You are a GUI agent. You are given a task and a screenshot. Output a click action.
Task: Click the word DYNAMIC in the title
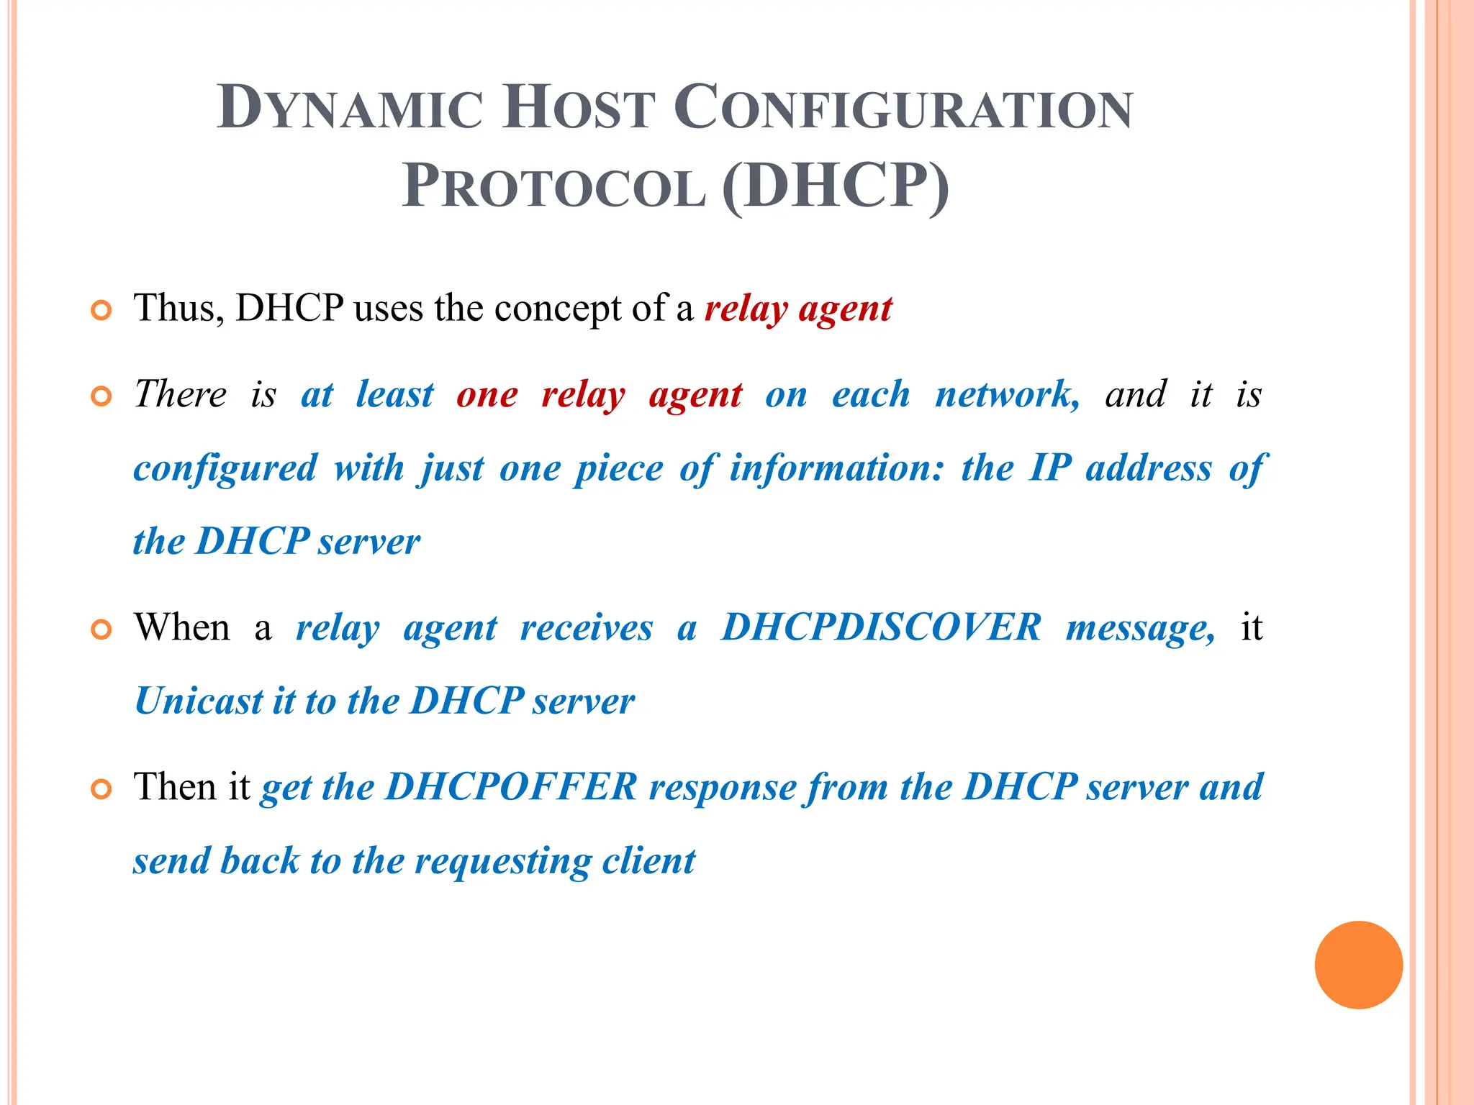point(350,108)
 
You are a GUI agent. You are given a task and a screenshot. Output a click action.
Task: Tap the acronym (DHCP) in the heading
point(835,186)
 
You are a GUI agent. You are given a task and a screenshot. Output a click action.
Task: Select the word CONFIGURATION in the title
point(903,108)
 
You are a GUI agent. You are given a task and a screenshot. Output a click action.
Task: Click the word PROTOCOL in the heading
point(553,187)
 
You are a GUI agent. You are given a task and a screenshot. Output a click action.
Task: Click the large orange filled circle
point(1358,965)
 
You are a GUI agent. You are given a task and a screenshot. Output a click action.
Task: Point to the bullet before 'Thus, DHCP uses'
point(101,311)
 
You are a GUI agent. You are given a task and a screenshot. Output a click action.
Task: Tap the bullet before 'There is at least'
point(101,396)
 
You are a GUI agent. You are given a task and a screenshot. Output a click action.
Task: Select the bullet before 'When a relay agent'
point(101,630)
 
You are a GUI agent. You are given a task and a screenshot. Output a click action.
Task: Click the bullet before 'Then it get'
point(101,789)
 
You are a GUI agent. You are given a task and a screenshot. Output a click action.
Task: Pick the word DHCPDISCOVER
point(881,627)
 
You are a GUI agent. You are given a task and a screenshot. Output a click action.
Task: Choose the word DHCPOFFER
point(511,786)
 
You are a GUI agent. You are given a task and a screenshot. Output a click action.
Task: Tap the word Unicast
point(199,701)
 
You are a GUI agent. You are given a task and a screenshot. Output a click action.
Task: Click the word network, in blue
point(1007,395)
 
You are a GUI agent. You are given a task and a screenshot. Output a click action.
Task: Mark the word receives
point(586,627)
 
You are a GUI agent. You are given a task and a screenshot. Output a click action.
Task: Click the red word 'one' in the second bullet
point(487,395)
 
